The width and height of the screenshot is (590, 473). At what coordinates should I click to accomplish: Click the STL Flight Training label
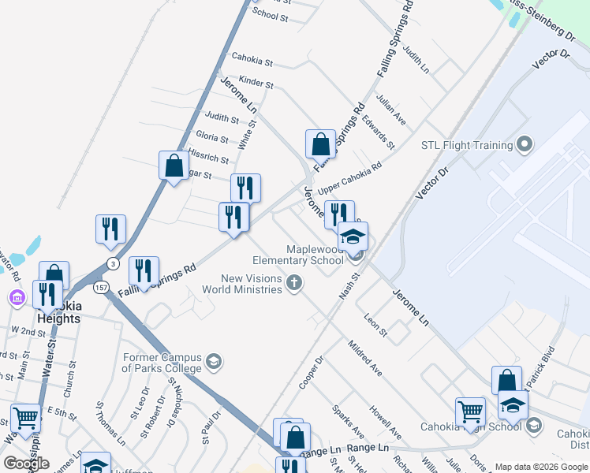[x=467, y=145]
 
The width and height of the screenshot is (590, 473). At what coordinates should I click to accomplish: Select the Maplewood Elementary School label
[x=297, y=255]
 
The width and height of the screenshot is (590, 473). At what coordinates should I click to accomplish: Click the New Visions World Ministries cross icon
[x=294, y=284]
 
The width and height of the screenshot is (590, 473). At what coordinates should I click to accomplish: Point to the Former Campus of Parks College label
[x=161, y=363]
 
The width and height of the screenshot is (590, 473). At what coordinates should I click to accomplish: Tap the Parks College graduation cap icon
[x=212, y=363]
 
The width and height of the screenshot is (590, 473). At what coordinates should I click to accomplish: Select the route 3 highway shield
[x=114, y=263]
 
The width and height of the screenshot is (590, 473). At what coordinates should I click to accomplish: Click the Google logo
[x=26, y=464]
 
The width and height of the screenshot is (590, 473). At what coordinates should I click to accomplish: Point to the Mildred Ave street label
[x=364, y=359]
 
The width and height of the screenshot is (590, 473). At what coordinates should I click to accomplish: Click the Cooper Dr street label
[x=312, y=372]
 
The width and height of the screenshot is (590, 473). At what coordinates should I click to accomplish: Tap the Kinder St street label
[x=256, y=82]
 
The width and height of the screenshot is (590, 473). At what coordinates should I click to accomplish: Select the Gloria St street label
[x=211, y=137]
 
